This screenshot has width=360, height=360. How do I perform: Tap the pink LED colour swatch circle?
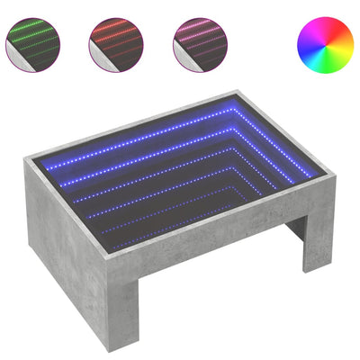pyautogui.click(x=196, y=40)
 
